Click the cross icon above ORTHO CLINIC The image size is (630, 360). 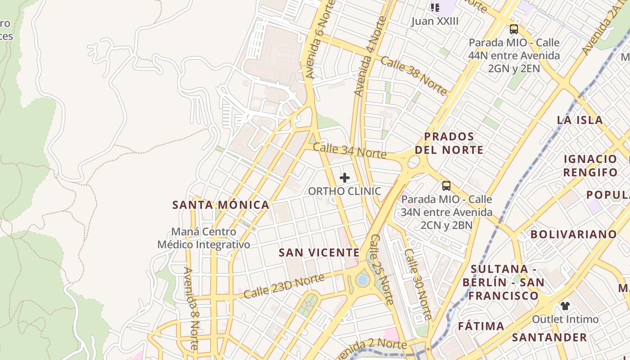tap(345, 178)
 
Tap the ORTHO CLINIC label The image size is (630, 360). tap(345, 191)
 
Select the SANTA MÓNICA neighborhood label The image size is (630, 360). tap(221, 205)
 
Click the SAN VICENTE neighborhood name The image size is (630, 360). tap(319, 253)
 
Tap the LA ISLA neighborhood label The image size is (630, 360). tap(580, 120)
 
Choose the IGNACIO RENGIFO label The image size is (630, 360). tap(590, 166)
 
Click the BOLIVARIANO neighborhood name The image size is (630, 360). tap(573, 234)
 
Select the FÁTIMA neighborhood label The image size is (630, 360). tap(481, 326)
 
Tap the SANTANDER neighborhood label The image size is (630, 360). tap(549, 337)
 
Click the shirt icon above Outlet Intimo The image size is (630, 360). tap(565, 306)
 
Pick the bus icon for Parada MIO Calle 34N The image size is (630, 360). tap(446, 185)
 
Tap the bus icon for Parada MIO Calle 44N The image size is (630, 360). tap(513, 29)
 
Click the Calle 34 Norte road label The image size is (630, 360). tap(350, 150)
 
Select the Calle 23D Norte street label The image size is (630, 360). tap(284, 287)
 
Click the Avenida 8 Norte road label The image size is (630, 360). tap(191, 308)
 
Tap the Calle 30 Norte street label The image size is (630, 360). tap(418, 284)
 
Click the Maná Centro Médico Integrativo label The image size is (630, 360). tap(203, 238)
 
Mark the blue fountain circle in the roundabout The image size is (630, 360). tap(362, 280)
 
